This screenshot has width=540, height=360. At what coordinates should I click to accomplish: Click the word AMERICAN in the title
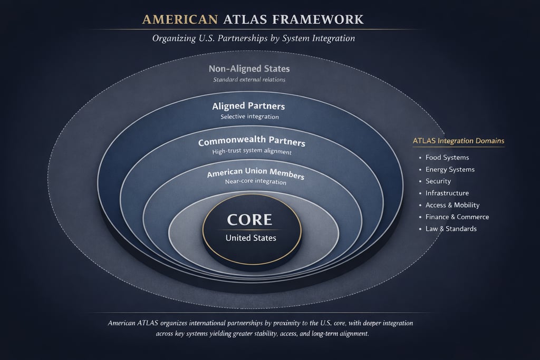(180, 20)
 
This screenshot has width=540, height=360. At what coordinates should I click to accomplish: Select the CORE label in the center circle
(250, 219)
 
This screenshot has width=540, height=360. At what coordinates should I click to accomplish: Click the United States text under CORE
(251, 238)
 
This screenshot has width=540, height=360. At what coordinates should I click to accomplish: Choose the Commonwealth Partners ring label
(252, 143)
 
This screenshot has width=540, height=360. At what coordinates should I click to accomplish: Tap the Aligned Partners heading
(249, 106)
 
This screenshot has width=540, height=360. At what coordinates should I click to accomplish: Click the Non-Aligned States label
(249, 69)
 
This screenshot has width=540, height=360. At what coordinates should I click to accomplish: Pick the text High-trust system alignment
(252, 152)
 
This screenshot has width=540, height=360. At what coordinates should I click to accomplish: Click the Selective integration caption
(249, 116)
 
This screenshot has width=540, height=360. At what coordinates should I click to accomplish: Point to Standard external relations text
(249, 80)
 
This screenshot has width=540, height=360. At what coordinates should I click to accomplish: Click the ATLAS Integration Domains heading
(458, 141)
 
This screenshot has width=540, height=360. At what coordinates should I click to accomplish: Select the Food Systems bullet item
(447, 158)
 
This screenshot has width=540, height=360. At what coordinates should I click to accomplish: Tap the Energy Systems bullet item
(450, 170)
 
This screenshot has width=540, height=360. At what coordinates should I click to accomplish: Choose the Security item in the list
(438, 181)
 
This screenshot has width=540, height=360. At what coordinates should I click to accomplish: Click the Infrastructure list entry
(447, 193)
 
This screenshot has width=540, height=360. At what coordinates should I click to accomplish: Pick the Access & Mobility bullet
(452, 205)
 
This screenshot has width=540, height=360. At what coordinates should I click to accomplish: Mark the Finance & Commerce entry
(457, 217)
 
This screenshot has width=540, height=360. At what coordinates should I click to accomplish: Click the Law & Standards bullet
(451, 229)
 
